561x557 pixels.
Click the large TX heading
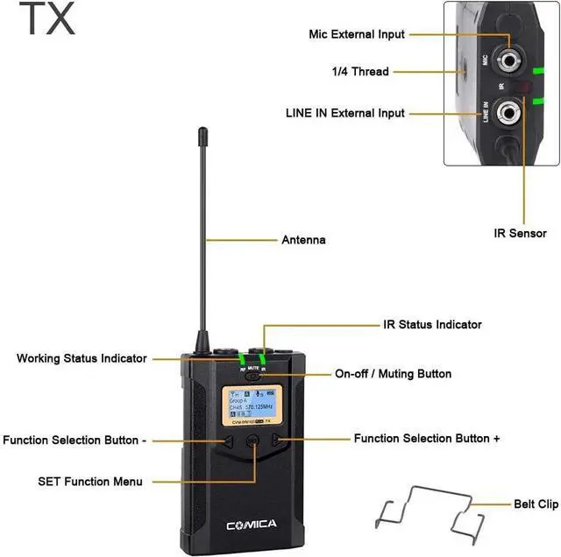click(47, 19)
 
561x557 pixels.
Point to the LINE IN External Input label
click(345, 113)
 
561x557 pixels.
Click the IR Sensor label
click(520, 233)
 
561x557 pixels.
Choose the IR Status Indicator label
click(433, 324)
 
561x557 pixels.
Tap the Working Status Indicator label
click(82, 358)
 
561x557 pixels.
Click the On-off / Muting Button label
click(394, 374)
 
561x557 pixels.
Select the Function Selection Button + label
click(427, 438)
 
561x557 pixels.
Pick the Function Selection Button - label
click(75, 441)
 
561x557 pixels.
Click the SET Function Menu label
click(90, 481)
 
